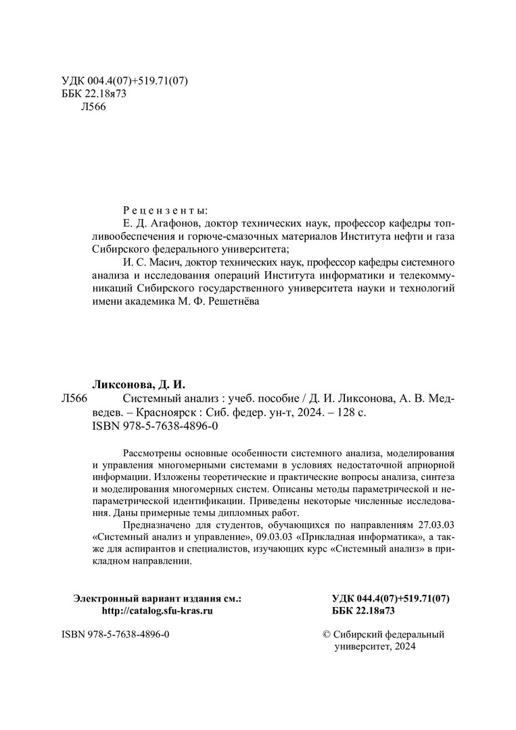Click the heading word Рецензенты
[x=166, y=210]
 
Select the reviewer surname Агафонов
[x=175, y=224]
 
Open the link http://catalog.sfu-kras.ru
[x=157, y=610]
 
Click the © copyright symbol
[x=329, y=635]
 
